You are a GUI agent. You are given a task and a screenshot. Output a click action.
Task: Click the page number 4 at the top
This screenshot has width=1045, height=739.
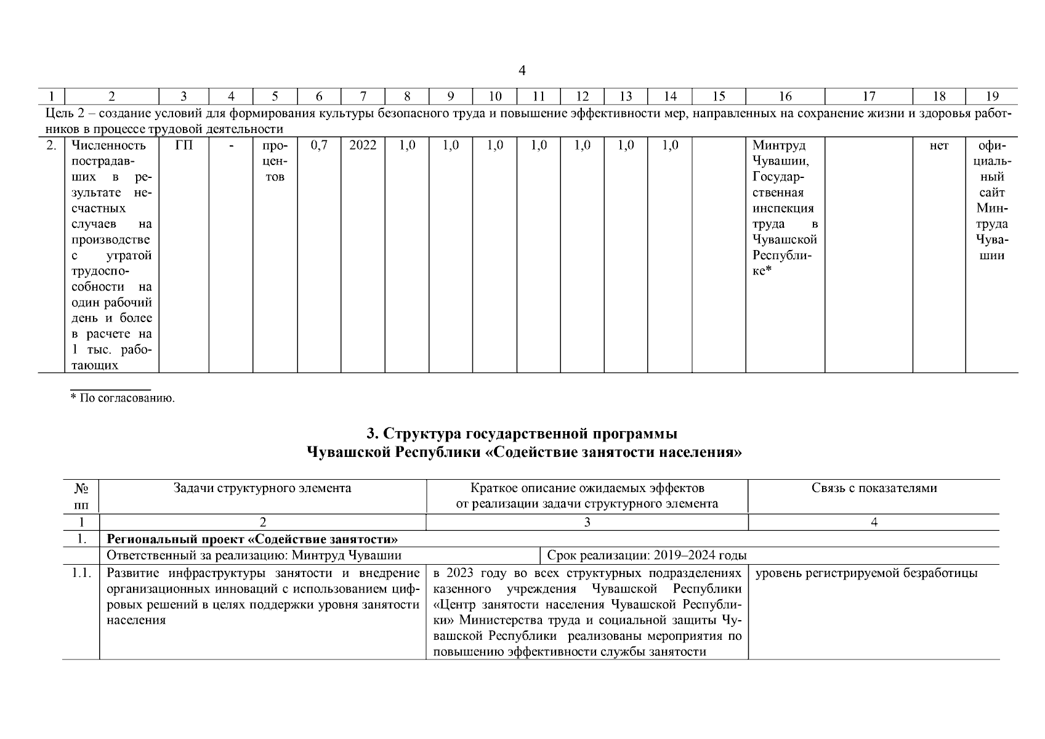[x=522, y=71]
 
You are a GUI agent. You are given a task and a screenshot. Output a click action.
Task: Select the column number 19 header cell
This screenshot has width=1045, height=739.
[x=992, y=96]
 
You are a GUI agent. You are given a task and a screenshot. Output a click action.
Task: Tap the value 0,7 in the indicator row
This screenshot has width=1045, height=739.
[x=318, y=146]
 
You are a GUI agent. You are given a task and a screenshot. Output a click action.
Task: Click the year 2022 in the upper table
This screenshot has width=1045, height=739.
[x=363, y=146]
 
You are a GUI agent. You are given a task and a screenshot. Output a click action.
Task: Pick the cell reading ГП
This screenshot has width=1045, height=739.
[x=184, y=146]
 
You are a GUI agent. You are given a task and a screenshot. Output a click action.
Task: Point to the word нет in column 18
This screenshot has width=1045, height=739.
[x=938, y=146]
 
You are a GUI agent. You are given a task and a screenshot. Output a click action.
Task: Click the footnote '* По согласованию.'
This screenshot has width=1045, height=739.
[x=123, y=398]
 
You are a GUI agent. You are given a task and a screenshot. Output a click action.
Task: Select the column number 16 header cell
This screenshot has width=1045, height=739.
[x=785, y=96]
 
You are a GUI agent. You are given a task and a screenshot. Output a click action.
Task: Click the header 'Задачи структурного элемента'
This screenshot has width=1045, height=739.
[x=262, y=488]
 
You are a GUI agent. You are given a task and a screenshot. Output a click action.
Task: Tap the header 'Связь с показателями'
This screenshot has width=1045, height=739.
[x=874, y=488]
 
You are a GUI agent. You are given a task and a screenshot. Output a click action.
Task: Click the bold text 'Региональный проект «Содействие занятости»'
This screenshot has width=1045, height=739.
[x=252, y=539]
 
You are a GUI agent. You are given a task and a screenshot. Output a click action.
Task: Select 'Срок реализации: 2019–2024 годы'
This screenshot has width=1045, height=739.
[x=647, y=555]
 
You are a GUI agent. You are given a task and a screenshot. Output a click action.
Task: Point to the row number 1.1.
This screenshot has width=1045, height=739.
[x=81, y=573]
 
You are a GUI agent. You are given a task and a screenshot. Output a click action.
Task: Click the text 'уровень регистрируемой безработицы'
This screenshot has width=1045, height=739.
[x=866, y=573]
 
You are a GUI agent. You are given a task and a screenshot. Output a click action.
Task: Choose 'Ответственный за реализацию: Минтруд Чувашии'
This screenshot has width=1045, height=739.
[x=254, y=555]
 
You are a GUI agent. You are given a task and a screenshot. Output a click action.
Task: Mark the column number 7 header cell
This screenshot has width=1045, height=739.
[x=363, y=96]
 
